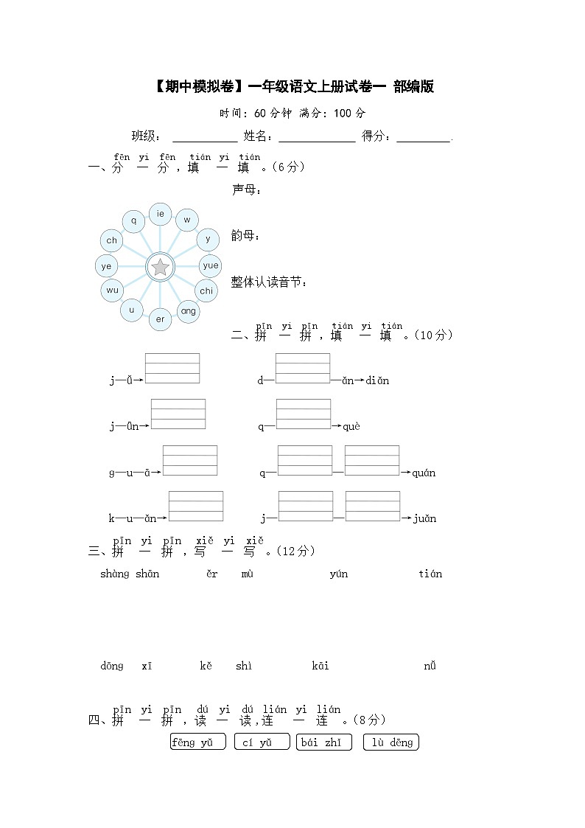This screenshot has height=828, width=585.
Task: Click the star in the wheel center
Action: (160, 267)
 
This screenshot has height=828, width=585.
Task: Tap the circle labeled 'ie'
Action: (160, 214)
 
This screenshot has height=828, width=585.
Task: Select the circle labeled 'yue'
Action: (210, 265)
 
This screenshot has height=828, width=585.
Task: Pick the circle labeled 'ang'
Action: (189, 311)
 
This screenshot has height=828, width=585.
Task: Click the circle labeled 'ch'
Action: (111, 240)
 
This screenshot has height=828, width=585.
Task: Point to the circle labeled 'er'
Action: (160, 319)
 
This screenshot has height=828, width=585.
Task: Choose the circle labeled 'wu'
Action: (111, 291)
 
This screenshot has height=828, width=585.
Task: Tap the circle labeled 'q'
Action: (133, 220)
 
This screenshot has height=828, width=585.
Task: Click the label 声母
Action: (246, 190)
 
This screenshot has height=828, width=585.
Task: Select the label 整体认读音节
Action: (270, 282)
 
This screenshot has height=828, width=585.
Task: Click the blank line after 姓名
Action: (317, 137)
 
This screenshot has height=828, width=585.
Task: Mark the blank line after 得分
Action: (424, 137)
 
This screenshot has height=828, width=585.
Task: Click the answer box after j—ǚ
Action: (172, 369)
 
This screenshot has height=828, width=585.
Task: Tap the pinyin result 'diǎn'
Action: (377, 381)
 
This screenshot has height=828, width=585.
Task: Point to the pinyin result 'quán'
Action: (423, 473)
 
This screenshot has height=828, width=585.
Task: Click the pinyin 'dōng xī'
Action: (126, 667)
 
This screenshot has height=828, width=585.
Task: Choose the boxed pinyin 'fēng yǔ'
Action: (197, 742)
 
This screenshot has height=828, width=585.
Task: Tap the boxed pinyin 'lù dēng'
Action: (391, 742)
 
